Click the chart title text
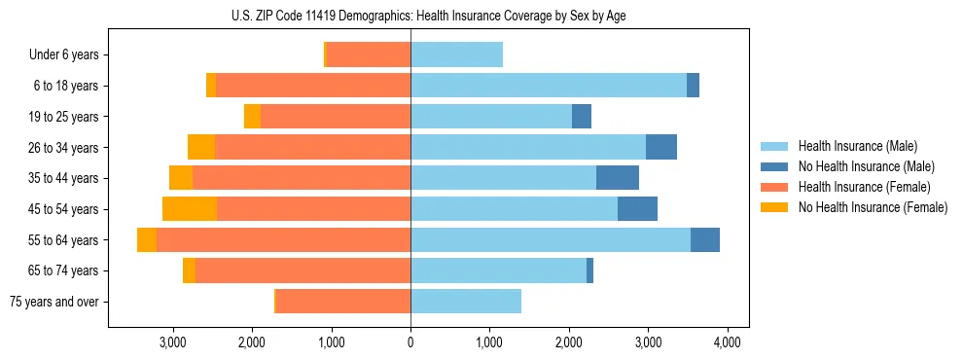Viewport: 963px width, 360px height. [428, 15]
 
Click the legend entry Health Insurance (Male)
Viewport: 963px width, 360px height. [857, 146]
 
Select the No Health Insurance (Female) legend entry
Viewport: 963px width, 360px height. [873, 207]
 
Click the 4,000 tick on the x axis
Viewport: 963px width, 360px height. [728, 342]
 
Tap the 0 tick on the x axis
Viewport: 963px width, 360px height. [410, 342]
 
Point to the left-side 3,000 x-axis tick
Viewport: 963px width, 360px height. [172, 342]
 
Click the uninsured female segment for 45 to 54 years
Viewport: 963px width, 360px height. [190, 209]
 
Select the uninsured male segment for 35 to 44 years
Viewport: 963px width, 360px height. [618, 178]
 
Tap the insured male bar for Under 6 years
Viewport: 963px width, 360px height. [456, 55]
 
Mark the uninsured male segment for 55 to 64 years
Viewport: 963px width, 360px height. [705, 240]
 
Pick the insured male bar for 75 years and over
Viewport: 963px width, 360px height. [465, 302]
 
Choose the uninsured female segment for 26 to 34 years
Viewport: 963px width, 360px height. [201, 148]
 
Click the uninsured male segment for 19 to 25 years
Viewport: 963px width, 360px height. [582, 117]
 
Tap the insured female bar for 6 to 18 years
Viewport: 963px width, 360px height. [313, 86]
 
